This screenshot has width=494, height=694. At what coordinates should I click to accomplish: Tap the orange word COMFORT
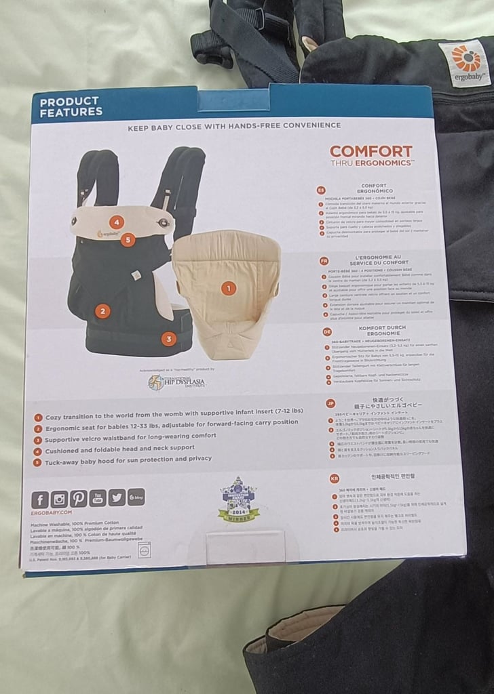tap(370, 151)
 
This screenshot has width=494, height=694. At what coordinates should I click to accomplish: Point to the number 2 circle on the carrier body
tap(102, 312)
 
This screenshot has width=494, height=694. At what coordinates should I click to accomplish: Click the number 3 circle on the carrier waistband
tap(169, 339)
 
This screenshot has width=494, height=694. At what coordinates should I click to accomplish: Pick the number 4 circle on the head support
tap(117, 222)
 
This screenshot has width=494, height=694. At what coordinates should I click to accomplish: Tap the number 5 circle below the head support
tap(129, 239)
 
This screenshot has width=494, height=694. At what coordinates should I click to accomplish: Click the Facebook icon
tap(40, 500)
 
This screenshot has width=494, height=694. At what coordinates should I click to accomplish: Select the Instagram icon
tap(59, 499)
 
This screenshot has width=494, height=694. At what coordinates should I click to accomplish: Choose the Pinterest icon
tap(78, 499)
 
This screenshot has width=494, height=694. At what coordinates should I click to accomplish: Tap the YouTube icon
tap(97, 498)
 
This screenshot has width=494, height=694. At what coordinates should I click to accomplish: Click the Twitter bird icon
tap(117, 497)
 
